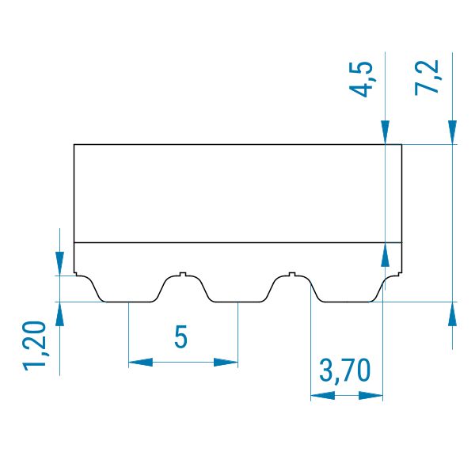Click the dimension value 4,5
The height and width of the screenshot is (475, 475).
pyautogui.click(x=361, y=79)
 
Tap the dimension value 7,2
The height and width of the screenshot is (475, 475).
pyautogui.click(x=427, y=78)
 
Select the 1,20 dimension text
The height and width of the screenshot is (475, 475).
pyautogui.click(x=35, y=346)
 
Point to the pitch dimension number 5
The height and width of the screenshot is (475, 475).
pyautogui.click(x=180, y=336)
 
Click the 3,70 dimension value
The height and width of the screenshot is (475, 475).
pyautogui.click(x=345, y=370)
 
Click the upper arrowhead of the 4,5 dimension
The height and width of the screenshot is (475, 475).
pyautogui.click(x=385, y=132)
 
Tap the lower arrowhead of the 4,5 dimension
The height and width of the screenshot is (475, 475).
pyautogui.click(x=385, y=255)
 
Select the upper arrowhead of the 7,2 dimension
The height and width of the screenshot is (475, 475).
pyautogui.click(x=452, y=132)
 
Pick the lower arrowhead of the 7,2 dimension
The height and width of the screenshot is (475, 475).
pyautogui.click(x=452, y=314)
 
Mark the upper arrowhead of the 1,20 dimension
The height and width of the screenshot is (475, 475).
pyautogui.click(x=59, y=264)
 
